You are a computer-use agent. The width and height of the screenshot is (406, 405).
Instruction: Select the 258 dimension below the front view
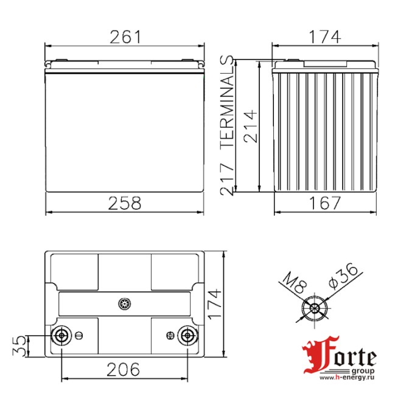125,202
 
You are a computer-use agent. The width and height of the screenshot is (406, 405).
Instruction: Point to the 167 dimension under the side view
323,202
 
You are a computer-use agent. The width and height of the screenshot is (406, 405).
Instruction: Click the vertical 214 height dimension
251,126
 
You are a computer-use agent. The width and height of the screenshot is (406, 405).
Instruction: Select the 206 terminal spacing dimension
124,369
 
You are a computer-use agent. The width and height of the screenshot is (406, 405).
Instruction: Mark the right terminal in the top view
186,335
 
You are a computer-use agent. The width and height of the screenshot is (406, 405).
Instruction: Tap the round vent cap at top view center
124,302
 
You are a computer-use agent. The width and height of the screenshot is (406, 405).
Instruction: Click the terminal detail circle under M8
315,308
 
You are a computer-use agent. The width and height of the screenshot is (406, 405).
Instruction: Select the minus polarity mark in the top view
79,334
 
